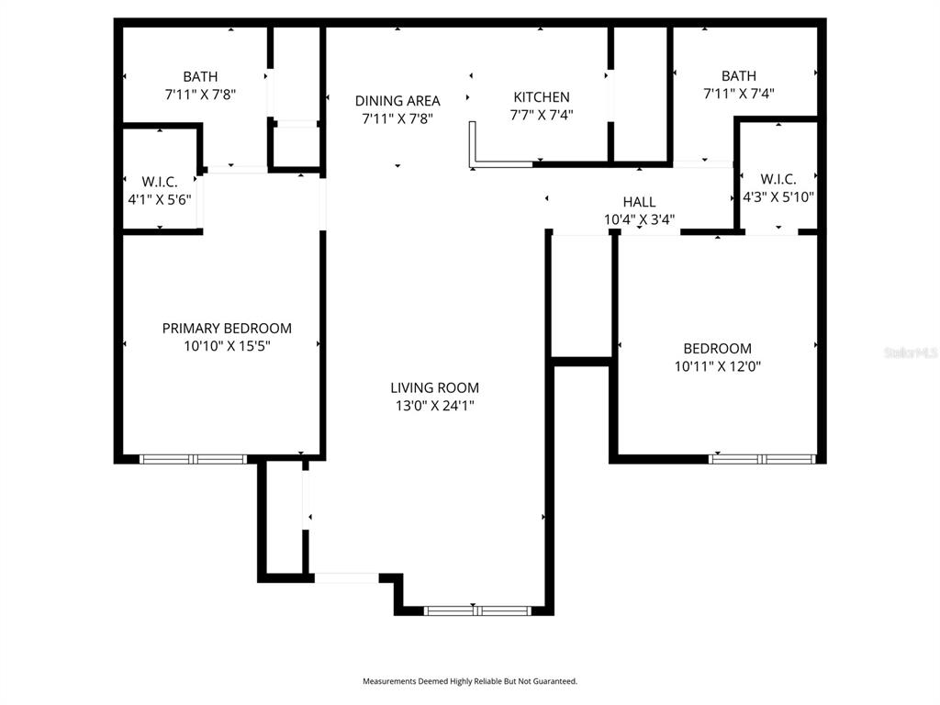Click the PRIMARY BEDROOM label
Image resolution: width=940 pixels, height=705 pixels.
[x=227, y=328]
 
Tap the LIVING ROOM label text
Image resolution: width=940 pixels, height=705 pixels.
[x=434, y=387]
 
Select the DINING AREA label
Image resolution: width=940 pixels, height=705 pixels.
[x=397, y=101]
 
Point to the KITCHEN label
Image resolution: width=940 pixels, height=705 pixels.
[x=541, y=97]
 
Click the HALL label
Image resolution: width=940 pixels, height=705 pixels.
[x=639, y=202]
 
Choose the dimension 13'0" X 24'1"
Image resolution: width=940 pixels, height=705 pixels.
[x=434, y=405]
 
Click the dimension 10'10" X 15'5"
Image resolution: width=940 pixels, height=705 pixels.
[x=227, y=346]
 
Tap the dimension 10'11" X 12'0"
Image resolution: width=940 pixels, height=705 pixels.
[x=717, y=365]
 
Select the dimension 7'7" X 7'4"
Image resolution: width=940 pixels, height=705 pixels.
[x=541, y=115]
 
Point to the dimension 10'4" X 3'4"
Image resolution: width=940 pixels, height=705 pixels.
[x=639, y=219]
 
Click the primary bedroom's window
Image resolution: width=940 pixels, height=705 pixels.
[x=193, y=458]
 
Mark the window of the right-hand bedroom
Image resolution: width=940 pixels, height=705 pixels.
[x=762, y=458]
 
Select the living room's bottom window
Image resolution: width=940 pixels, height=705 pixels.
[x=477, y=610]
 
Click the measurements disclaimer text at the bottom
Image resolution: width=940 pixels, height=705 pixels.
[x=469, y=681]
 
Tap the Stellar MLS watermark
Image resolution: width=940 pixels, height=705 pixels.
[x=911, y=352]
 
